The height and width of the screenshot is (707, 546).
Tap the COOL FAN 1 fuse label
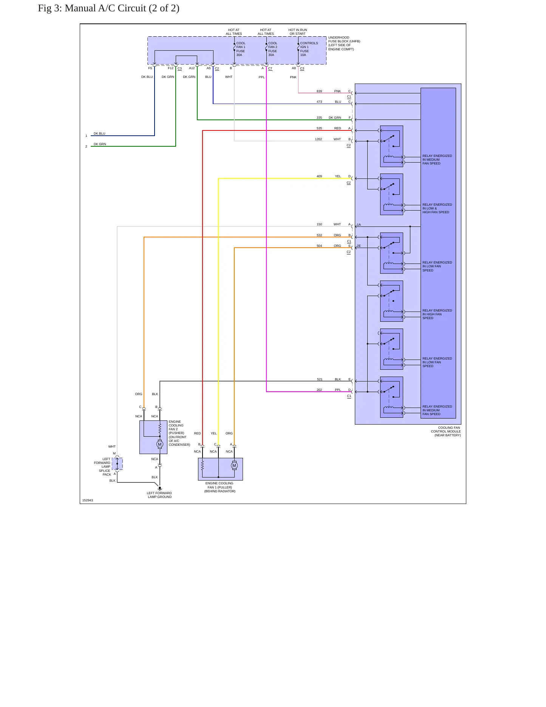click(241, 49)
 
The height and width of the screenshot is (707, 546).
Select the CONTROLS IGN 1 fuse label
click(309, 49)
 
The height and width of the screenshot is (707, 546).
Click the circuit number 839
click(319, 91)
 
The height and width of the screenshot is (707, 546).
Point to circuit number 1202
click(319, 139)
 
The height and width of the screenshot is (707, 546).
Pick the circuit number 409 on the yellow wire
click(319, 176)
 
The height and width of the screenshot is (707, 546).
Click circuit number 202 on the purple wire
click(319, 390)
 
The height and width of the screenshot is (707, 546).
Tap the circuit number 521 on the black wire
click(320, 379)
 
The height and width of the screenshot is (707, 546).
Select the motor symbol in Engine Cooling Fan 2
click(160, 444)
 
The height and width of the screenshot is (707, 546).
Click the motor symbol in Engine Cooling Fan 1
click(234, 465)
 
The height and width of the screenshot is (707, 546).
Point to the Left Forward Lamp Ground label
click(159, 495)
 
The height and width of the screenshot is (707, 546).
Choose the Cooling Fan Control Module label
click(446, 431)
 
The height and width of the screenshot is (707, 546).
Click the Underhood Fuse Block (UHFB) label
click(344, 43)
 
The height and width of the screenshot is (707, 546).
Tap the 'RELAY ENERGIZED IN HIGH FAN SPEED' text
click(437, 314)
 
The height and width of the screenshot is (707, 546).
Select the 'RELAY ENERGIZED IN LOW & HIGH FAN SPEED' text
click(437, 208)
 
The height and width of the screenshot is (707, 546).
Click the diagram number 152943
click(88, 500)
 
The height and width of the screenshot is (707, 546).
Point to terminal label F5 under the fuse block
click(150, 68)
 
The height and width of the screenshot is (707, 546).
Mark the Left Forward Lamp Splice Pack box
click(117, 464)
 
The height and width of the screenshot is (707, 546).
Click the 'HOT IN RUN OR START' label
click(298, 32)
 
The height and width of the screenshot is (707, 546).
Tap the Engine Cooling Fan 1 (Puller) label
click(220, 487)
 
